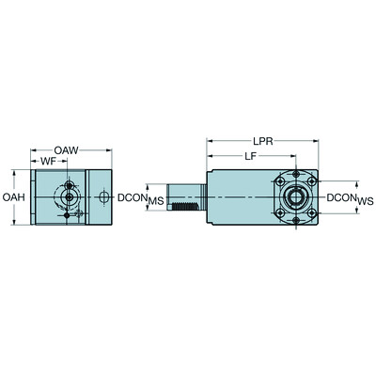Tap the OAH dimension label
tap(11, 198)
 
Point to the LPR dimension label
tap(265, 138)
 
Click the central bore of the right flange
tap(293, 198)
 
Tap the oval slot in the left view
tap(102, 197)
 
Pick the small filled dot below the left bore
tap(67, 215)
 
